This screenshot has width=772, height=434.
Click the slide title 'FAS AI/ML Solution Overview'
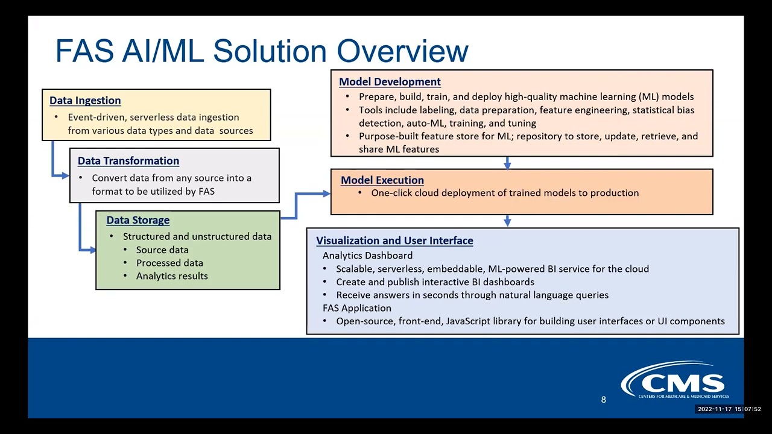[x=261, y=51]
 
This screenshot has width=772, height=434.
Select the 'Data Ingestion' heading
[x=85, y=101]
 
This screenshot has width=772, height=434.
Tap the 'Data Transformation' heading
[x=128, y=161]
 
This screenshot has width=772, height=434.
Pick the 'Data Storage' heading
[x=138, y=220]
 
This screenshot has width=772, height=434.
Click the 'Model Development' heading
[x=390, y=82]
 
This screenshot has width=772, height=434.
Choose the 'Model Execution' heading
[x=382, y=180]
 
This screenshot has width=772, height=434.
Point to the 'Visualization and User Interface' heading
[x=394, y=241]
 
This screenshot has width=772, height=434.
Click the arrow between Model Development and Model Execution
[x=507, y=163]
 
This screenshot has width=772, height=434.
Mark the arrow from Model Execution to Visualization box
[x=507, y=221]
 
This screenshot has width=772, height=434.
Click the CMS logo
[x=675, y=381]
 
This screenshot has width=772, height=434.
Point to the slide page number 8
[x=603, y=400]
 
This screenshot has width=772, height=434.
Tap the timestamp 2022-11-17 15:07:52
[x=729, y=409]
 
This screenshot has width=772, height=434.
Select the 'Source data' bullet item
[x=162, y=250]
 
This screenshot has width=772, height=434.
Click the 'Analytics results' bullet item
[x=172, y=276]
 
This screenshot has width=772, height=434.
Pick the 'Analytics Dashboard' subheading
[x=367, y=256]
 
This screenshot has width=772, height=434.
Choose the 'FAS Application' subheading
[x=357, y=308]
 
